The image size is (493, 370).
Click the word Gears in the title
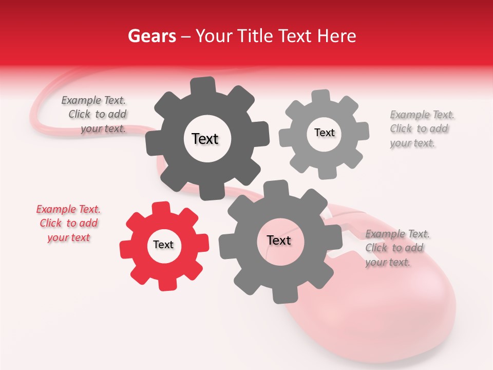pos(151,36)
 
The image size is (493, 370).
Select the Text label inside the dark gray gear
pos(205,139)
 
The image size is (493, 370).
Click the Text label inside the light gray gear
pos(324,133)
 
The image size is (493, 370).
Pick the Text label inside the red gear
pos(163,245)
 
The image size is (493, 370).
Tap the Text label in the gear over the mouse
pos(279,240)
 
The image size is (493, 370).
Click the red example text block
pos(68,224)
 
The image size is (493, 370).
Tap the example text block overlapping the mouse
pos(396,248)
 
